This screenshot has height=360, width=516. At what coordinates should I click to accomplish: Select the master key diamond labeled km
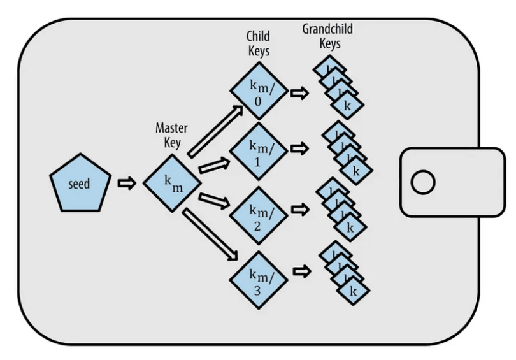tap(172, 184)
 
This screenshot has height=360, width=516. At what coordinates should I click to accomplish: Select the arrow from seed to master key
tap(127, 184)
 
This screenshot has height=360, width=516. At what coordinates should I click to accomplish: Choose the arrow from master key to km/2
tap(213, 202)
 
